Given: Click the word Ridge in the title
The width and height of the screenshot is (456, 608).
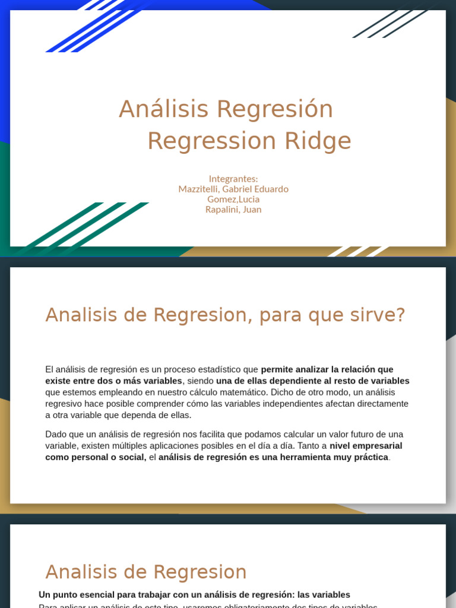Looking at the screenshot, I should (x=318, y=141).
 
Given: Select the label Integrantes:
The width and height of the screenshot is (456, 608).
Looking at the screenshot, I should (x=233, y=179).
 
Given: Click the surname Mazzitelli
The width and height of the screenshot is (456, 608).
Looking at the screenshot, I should (x=199, y=189).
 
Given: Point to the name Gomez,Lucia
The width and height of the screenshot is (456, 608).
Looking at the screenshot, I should (x=233, y=199).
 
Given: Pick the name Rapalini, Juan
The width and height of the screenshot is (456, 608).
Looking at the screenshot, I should (x=233, y=209).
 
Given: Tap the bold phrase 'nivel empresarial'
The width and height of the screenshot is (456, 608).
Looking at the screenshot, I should (x=366, y=446).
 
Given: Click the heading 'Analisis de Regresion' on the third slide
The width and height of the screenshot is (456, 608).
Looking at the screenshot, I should (x=146, y=572).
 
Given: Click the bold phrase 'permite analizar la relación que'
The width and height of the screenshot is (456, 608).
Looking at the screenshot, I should (x=327, y=369).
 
